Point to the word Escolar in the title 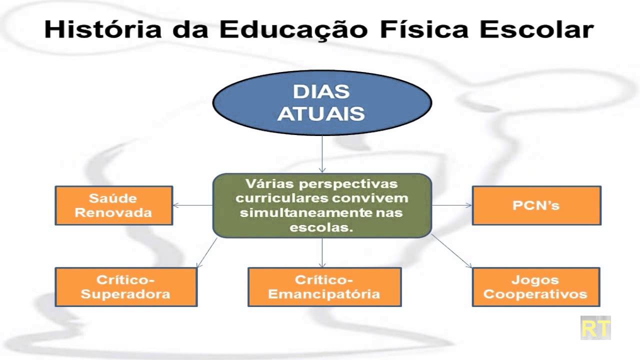536,29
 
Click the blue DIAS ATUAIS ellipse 321,103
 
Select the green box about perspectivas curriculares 321,205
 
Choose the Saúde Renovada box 114,205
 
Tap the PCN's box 536,205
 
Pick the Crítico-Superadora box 125,287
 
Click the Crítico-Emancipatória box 324,287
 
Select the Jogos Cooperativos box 535,287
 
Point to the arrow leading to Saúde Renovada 193,205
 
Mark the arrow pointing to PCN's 451,205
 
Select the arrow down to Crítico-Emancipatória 321,252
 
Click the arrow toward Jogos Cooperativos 451,251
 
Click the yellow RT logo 595,328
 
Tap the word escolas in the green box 320,227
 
